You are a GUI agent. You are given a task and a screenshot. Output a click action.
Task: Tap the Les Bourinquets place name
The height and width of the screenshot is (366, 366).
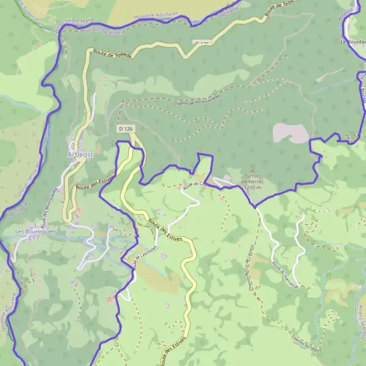(x=36, y=232)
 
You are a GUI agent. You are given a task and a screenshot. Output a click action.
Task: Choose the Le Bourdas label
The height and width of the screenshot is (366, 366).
(x=353, y=41)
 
